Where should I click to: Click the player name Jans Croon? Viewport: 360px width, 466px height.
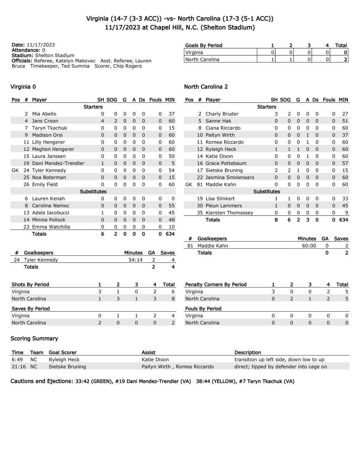45,121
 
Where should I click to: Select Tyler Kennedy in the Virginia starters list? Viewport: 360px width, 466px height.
49,170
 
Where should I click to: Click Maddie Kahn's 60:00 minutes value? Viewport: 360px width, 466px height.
309,246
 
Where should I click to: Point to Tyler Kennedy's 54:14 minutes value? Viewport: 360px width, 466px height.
135,260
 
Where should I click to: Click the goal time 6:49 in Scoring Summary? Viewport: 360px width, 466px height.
17,360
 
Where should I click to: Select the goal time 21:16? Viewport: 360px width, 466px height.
18,367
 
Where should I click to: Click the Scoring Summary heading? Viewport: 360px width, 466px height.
34,338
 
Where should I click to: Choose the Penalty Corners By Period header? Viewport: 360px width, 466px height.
216,285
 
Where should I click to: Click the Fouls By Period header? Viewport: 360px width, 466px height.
203,309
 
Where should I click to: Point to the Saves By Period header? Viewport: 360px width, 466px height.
31,309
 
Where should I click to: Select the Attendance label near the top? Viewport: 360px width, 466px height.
26,50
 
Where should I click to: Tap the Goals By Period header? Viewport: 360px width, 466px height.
204,45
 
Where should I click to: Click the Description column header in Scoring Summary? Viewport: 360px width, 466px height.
248,353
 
